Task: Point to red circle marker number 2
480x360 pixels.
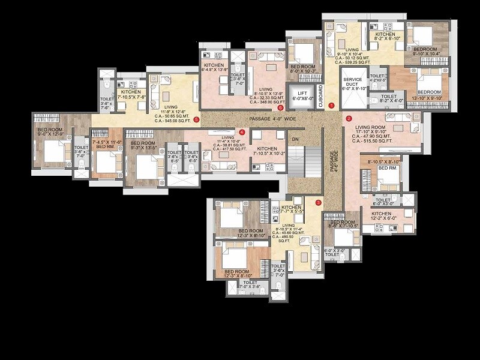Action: point(349,119)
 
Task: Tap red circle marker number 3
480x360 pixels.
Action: point(319,202)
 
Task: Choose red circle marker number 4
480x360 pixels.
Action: point(242,132)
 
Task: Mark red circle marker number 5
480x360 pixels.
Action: point(197,119)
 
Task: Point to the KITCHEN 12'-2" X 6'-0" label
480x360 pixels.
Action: point(381,216)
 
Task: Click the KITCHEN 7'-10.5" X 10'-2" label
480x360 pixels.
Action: point(267,151)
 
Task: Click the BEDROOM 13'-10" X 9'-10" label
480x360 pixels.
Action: point(427,95)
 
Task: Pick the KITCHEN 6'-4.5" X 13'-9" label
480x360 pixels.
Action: point(214,67)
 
